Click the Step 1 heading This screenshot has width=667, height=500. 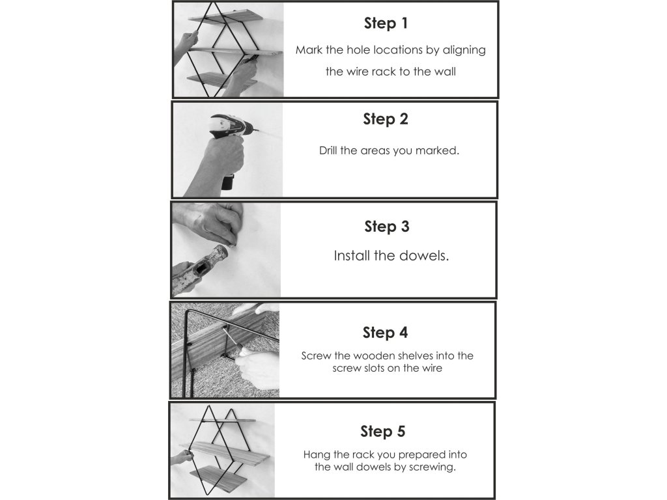point(386,23)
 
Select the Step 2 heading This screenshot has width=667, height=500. point(386,119)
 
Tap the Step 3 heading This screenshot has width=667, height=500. point(387,227)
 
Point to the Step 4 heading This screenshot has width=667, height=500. point(385,333)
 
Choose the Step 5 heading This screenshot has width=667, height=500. point(383,432)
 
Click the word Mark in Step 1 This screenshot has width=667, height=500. point(309,50)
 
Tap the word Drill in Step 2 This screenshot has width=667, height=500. point(328,150)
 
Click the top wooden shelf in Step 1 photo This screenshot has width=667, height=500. point(226,18)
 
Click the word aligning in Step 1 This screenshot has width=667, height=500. point(464,51)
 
